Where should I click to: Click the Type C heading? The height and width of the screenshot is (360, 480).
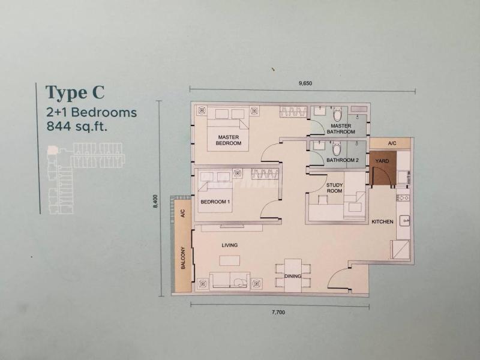point(75,92)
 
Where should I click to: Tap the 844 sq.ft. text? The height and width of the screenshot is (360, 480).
point(77,126)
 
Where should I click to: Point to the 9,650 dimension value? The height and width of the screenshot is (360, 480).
point(305,83)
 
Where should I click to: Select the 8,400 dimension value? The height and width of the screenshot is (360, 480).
point(155,202)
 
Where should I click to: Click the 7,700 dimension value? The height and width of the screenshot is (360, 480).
point(278,312)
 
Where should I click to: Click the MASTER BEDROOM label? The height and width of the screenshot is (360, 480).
point(229,140)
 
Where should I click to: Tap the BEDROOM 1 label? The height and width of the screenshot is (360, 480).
point(215,202)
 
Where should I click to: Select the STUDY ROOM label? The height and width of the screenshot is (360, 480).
point(334,188)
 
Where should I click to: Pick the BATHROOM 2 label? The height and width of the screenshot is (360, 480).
point(342,160)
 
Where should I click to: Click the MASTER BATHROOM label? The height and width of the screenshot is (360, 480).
point(341,129)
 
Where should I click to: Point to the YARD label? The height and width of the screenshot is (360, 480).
point(382,161)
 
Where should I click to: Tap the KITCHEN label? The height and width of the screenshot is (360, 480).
point(382,221)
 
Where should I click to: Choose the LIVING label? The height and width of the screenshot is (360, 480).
point(230,245)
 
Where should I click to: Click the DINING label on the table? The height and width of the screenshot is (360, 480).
point(293,276)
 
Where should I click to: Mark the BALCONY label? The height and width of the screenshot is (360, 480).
point(183,258)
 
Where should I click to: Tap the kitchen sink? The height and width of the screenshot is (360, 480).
point(404,220)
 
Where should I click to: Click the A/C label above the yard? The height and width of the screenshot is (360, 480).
point(392,143)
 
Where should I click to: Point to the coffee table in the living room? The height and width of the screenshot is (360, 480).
point(230,261)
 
